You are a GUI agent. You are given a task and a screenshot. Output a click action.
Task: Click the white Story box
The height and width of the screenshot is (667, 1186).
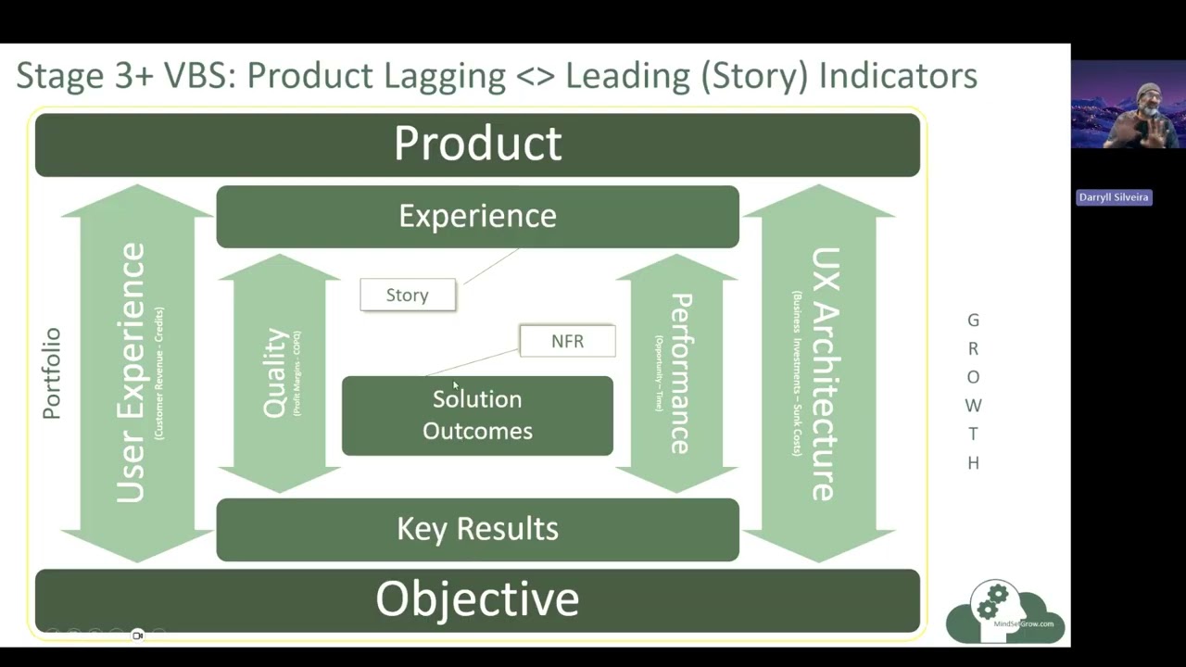click(408, 295)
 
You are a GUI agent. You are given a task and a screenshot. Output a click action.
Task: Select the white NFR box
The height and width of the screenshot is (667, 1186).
click(567, 341)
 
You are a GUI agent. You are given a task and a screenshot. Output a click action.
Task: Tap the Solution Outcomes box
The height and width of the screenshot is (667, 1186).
click(477, 415)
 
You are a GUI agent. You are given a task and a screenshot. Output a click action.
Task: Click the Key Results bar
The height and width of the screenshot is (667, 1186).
click(477, 529)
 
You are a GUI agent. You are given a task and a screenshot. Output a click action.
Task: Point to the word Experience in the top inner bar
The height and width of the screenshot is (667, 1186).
click(477, 216)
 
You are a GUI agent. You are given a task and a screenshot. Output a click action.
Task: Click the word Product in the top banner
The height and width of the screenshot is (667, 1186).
click(477, 144)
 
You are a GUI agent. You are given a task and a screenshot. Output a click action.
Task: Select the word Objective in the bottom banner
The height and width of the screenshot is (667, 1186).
click(477, 599)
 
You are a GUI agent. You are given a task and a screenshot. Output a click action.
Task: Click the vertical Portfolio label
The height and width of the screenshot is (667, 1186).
click(52, 373)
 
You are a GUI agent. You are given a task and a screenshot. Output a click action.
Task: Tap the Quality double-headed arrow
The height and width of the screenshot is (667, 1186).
click(280, 373)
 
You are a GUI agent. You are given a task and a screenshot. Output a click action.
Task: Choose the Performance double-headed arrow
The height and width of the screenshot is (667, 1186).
click(677, 373)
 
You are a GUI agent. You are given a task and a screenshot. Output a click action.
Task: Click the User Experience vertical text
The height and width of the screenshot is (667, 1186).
click(131, 373)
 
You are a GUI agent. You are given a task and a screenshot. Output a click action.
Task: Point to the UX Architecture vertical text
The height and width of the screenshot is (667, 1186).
click(824, 373)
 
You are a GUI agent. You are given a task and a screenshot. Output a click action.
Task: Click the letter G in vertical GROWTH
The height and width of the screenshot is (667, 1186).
click(973, 321)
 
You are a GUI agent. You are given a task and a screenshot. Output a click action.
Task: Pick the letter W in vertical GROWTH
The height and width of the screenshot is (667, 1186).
click(973, 406)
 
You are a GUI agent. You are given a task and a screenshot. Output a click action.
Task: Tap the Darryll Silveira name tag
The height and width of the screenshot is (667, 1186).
click(1113, 197)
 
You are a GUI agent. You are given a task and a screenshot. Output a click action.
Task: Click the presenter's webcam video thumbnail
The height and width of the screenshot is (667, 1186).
click(1128, 105)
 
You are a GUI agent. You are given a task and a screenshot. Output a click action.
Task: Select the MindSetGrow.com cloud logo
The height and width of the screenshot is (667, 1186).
click(1005, 612)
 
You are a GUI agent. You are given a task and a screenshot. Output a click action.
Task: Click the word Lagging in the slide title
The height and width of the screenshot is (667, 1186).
click(445, 76)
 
